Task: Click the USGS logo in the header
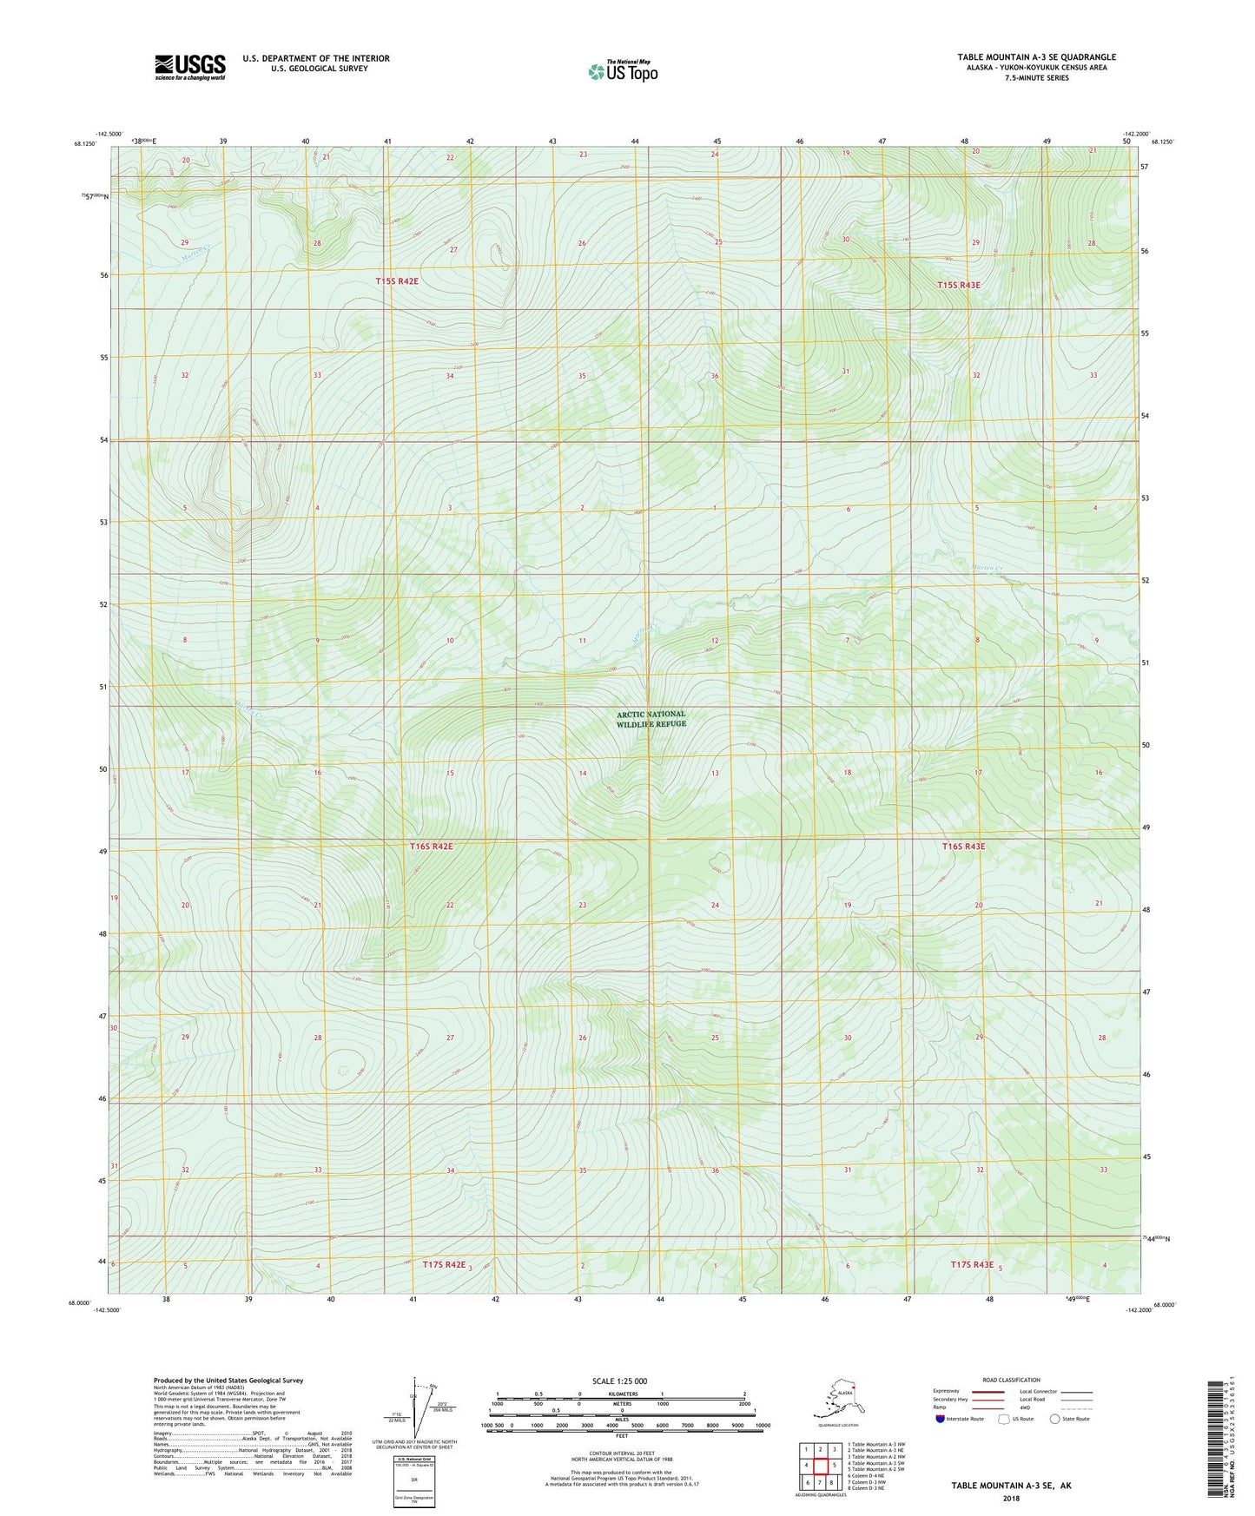189,67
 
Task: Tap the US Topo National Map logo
622,70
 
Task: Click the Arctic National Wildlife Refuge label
651,719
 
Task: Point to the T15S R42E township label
402,281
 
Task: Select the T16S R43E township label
963,846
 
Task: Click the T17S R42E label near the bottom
444,1265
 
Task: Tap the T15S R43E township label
958,285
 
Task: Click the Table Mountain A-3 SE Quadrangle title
1036,57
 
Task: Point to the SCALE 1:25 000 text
620,1381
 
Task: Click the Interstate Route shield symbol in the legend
941,1419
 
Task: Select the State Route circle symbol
1055,1419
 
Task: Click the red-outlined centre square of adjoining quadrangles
820,1465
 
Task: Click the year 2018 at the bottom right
1011,1498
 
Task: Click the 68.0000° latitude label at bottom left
78,1303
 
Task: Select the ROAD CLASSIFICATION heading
1011,1380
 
